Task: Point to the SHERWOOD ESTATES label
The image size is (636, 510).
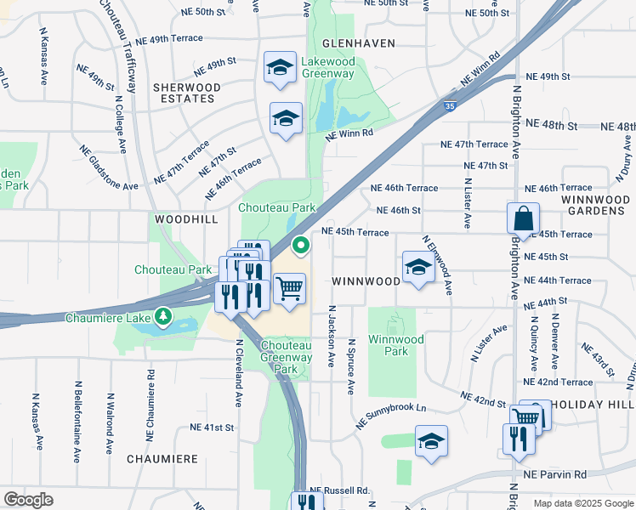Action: tap(186, 93)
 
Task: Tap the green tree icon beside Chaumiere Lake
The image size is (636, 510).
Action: tap(163, 318)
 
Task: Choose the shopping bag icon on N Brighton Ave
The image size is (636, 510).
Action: tap(523, 218)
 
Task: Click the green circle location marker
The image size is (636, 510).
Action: tap(300, 246)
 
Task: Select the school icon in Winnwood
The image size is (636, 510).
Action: tap(417, 268)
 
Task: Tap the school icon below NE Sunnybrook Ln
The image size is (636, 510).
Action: tap(431, 441)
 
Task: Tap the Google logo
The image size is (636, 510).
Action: tap(28, 500)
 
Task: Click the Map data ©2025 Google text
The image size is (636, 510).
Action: tap(582, 503)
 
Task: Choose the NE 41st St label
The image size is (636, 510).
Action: tap(212, 427)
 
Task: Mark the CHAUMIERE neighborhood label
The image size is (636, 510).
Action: tap(162, 459)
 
